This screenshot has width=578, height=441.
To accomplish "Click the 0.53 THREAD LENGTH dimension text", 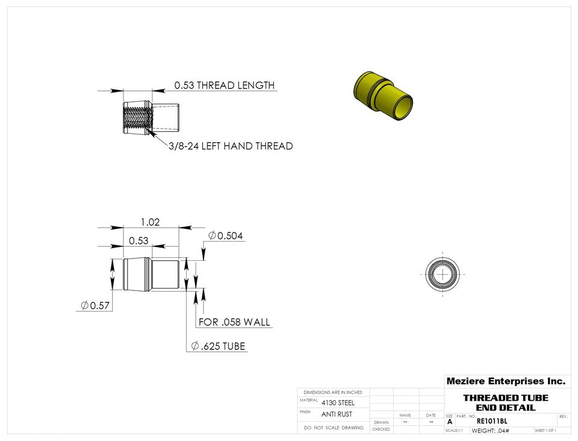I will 224,86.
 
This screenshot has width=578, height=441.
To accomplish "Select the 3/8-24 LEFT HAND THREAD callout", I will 231,146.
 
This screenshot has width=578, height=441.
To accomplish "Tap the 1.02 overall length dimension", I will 150,222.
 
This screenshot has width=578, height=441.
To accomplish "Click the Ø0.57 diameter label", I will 95,305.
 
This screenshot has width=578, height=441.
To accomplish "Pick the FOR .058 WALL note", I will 234,322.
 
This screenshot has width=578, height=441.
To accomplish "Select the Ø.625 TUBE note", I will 218,346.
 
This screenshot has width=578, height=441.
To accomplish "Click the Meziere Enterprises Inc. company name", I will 505,381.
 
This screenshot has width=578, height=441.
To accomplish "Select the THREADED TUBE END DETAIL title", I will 505,402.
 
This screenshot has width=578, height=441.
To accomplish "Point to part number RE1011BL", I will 491,421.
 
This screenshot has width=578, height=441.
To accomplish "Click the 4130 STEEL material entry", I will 338,402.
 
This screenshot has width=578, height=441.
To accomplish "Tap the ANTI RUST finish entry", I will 337,414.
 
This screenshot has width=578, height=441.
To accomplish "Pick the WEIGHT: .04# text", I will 490,431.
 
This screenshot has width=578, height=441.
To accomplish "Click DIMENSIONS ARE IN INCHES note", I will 333,392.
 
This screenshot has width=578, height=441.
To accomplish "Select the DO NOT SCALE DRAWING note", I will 334,428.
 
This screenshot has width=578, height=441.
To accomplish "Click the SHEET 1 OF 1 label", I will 545,431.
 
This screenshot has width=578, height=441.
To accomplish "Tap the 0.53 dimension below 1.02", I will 138,240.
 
